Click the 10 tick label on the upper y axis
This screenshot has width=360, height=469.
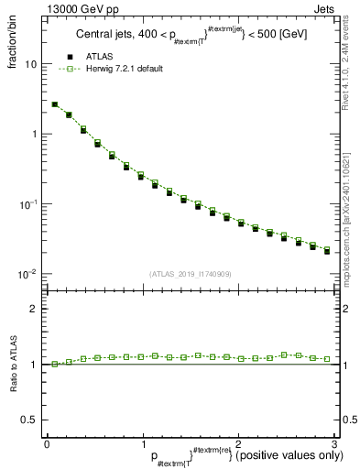[x=31, y=65]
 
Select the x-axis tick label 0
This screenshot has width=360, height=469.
[x=47, y=444]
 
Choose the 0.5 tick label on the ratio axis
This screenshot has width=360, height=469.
[x=28, y=419]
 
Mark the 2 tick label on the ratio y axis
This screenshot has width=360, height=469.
[x=32, y=309]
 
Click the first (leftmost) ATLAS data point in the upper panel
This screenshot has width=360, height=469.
[x=55, y=105]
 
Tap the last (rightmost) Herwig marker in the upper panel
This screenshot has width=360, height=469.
[x=327, y=248]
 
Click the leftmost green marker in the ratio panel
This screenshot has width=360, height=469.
[x=55, y=364]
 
